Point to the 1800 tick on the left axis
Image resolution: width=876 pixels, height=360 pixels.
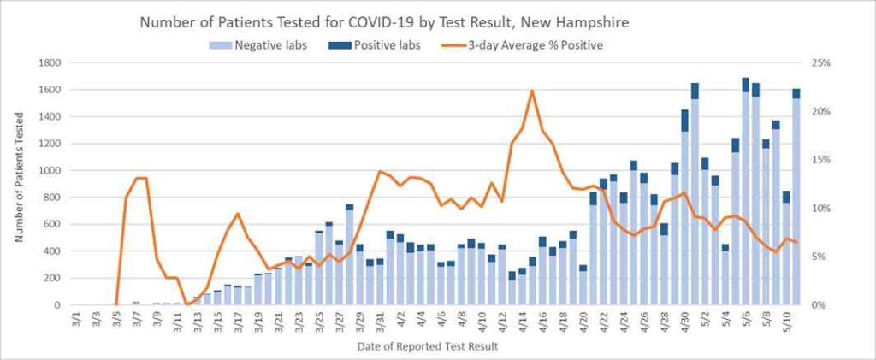[49, 62]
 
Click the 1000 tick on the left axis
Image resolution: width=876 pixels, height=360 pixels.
[49, 170]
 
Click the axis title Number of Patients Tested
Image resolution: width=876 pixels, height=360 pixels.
[19, 183]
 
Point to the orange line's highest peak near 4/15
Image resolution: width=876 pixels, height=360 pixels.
[532, 91]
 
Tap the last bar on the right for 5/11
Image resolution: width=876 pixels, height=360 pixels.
[796, 197]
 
